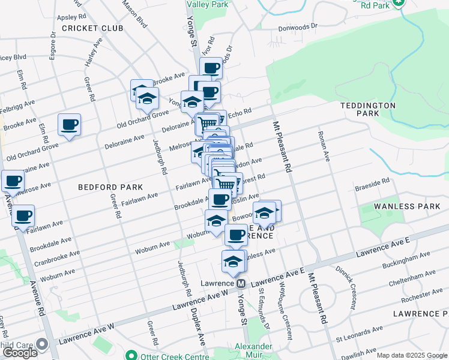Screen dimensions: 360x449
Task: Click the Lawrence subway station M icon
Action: [x=241, y=283]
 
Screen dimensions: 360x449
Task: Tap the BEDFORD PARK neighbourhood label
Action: [x=110, y=188]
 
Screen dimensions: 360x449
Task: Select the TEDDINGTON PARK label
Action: [x=368, y=109]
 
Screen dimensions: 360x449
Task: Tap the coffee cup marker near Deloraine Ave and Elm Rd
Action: [x=69, y=125]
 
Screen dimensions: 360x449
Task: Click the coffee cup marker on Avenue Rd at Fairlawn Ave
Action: [x=23, y=215]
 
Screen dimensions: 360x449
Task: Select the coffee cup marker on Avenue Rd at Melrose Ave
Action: [x=13, y=181]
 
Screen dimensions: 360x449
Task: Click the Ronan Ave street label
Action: [x=325, y=146]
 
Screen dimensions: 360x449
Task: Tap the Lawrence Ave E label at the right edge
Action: [x=382, y=247]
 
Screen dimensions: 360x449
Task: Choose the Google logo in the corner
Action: [x=20, y=353]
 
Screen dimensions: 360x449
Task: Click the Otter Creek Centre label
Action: [x=174, y=356]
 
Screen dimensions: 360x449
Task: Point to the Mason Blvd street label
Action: [x=134, y=13]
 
